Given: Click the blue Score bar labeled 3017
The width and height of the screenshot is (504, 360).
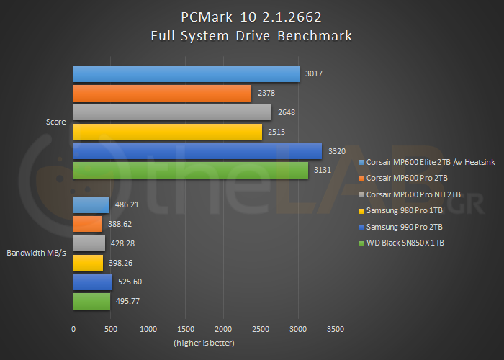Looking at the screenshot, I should [x=186, y=74].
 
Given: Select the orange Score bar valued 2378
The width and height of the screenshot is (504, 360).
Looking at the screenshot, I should [x=162, y=93].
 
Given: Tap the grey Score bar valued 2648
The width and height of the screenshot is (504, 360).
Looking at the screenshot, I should [x=172, y=112].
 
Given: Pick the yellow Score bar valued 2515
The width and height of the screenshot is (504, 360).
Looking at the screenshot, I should [x=167, y=131].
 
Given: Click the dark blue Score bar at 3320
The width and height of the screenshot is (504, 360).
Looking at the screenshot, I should [x=197, y=151].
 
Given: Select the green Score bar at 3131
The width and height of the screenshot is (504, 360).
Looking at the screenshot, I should [x=190, y=170].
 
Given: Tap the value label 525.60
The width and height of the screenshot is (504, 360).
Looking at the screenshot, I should [x=130, y=282].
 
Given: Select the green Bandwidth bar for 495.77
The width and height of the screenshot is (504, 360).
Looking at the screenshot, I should [x=91, y=301].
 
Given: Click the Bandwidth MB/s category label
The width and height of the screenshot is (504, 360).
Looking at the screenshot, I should [x=37, y=253].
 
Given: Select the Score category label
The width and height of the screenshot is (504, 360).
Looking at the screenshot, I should [x=55, y=122].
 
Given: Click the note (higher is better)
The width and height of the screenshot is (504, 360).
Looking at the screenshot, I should [x=204, y=342].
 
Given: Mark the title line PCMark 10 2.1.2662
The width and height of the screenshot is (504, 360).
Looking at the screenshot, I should [x=251, y=17].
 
